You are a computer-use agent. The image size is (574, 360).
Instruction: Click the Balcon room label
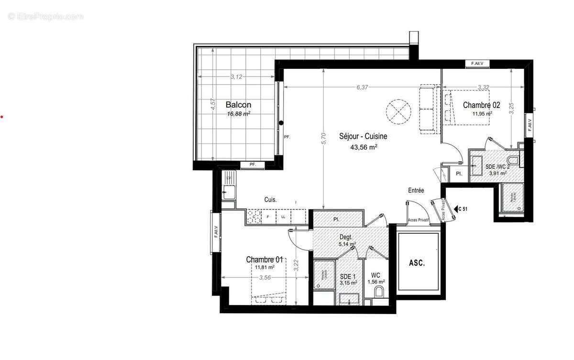coord(238,105)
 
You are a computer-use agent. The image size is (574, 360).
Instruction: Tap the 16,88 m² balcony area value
coord(239,114)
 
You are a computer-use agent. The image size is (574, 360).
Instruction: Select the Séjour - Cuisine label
coord(364,136)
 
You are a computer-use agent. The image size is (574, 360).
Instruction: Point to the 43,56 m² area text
coord(364,148)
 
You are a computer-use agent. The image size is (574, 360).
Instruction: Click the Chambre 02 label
coord(481,105)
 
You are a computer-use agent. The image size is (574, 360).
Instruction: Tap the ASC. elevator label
coord(417,263)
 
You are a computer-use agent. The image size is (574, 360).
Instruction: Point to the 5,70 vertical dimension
coord(324,138)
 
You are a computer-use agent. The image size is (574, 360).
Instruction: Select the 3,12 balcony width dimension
coord(236,76)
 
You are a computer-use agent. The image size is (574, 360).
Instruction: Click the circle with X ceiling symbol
coord(399,111)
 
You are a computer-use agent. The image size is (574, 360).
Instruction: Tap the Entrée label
coord(416,190)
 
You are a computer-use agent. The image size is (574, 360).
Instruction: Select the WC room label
coord(375,276)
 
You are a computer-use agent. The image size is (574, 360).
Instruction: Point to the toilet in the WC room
coord(379,292)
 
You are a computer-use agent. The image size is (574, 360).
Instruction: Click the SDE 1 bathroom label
coord(348,276)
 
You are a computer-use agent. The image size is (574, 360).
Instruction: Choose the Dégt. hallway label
coord(346,237)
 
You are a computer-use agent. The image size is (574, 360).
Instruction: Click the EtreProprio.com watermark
coord(46,16)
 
